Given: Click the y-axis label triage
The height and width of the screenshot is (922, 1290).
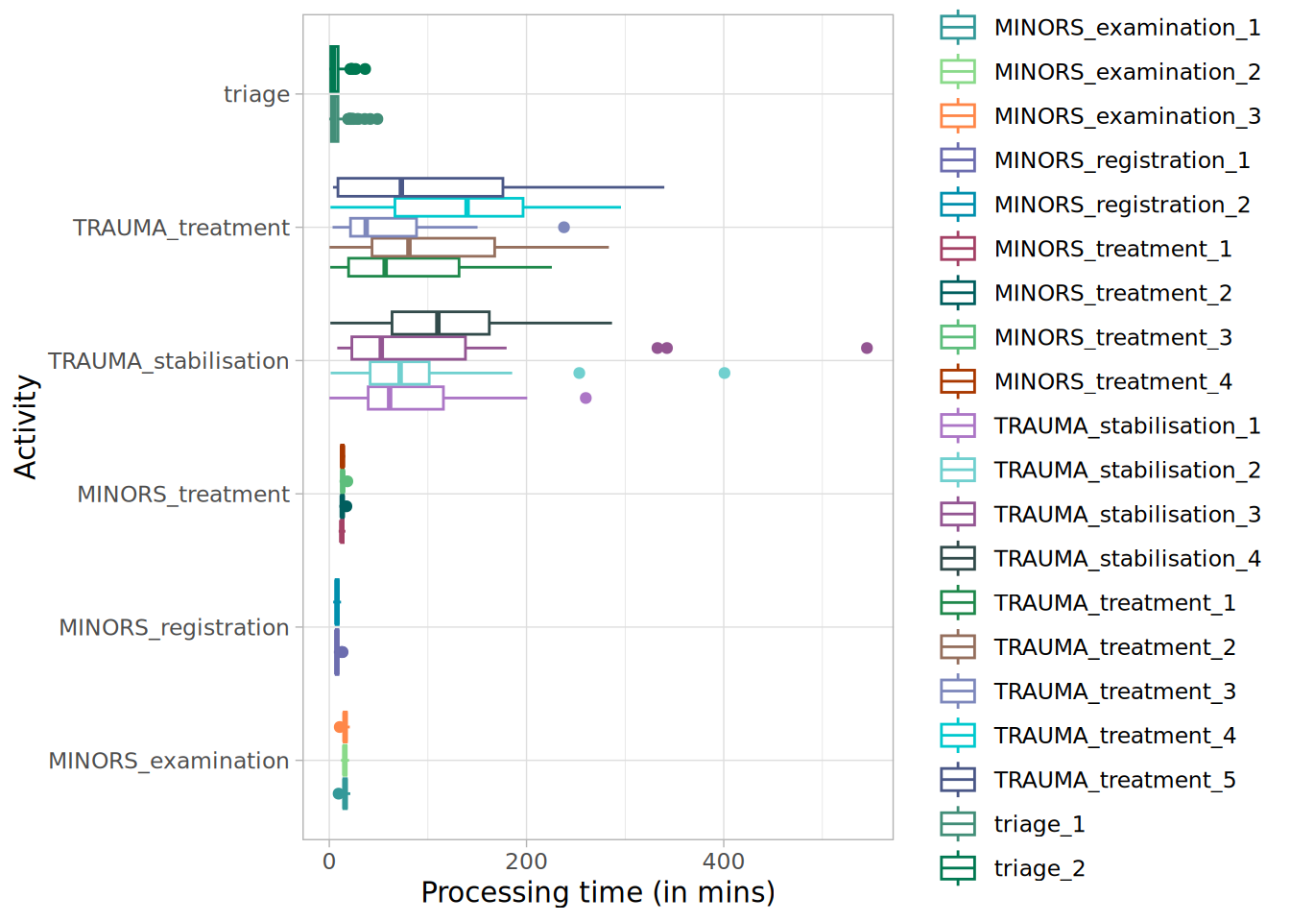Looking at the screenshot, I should point(256,94).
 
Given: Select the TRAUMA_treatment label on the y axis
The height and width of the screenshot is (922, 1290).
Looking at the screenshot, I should point(180,228).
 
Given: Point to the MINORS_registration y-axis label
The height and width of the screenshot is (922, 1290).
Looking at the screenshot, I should point(174,627).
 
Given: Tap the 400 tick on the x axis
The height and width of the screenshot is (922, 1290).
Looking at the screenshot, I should point(724,861).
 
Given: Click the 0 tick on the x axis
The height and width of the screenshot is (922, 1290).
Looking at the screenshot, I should point(329,861).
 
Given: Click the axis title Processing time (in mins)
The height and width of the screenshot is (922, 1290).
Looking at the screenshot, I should point(597,892).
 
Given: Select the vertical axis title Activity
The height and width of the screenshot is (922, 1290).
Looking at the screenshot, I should point(26,426).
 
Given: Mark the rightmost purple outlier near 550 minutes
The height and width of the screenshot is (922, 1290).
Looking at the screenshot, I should point(867,348).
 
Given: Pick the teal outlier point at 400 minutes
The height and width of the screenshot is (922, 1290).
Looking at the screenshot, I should point(725,373).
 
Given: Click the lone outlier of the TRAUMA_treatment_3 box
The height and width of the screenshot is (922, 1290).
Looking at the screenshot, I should point(564,228).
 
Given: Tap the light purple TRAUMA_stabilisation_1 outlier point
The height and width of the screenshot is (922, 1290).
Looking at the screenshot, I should point(585,398).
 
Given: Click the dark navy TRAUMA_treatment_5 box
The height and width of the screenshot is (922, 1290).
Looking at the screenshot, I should point(420,187).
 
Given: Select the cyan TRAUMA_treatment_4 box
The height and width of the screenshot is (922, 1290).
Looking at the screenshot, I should point(459,207).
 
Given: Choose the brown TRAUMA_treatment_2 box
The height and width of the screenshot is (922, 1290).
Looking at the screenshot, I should point(434,248).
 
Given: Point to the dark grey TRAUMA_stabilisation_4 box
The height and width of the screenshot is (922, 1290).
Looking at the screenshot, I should point(441,323).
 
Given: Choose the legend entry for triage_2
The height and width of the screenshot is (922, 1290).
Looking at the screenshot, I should point(1039,868).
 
